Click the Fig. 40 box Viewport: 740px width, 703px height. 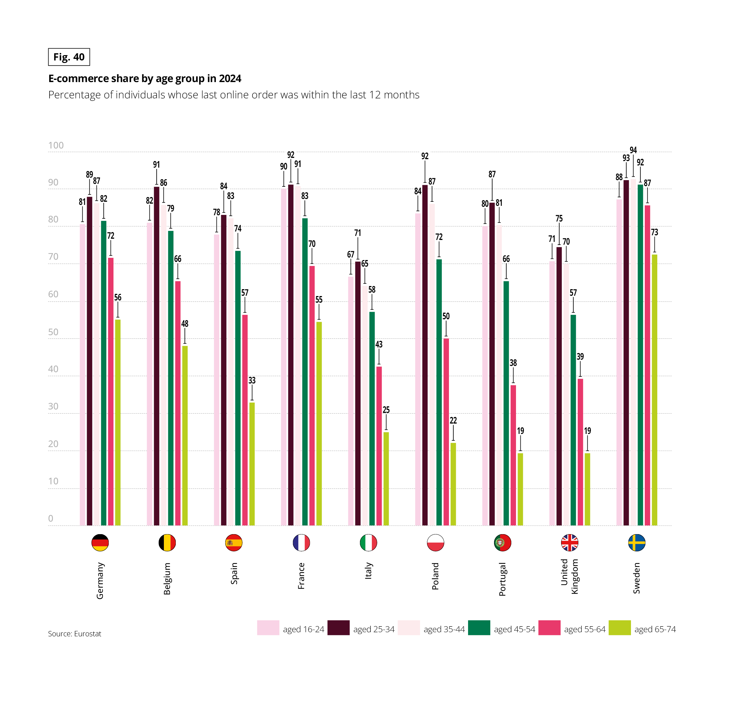tap(69, 57)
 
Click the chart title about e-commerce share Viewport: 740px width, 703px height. tap(145, 78)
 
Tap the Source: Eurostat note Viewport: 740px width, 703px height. tap(75, 633)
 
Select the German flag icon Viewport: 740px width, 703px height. tap(100, 542)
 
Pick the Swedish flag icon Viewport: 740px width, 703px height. tap(636, 542)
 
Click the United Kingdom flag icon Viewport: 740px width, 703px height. tap(569, 542)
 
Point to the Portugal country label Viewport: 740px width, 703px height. tap(502, 579)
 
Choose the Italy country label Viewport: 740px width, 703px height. tap(368, 570)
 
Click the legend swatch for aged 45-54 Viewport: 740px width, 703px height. tap(479, 628)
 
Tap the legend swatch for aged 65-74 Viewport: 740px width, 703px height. tap(619, 628)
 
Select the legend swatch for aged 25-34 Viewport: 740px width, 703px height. tap(338, 628)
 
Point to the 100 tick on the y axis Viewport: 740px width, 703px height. tap(56, 145)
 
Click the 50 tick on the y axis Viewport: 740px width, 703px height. tap(53, 332)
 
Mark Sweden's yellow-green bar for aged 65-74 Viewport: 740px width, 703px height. tap(654, 390)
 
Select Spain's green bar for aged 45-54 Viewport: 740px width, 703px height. tap(238, 388)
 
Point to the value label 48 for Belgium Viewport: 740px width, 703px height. tap(185, 324)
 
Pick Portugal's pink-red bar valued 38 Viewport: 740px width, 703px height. tap(513, 455)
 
